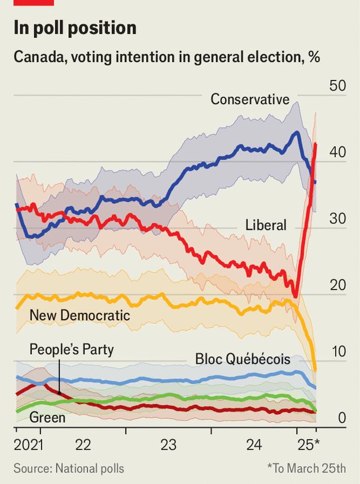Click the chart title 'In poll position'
tap(75, 27)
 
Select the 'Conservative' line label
tap(250, 99)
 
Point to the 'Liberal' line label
tap(266, 225)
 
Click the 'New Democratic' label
tap(79, 315)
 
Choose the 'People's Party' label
tap(71, 349)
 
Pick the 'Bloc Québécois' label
tap(243, 359)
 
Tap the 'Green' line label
tap(47, 418)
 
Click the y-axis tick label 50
tap(337, 86)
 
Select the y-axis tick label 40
tap(337, 152)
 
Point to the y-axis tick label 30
tap(337, 219)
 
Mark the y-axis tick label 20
tap(337, 285)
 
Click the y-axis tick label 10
tap(337, 351)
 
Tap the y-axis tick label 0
tap(341, 418)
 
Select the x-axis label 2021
tap(30, 445)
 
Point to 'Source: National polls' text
tap(69, 468)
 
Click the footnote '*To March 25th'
tap(306, 468)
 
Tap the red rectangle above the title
tap(34, 2)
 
